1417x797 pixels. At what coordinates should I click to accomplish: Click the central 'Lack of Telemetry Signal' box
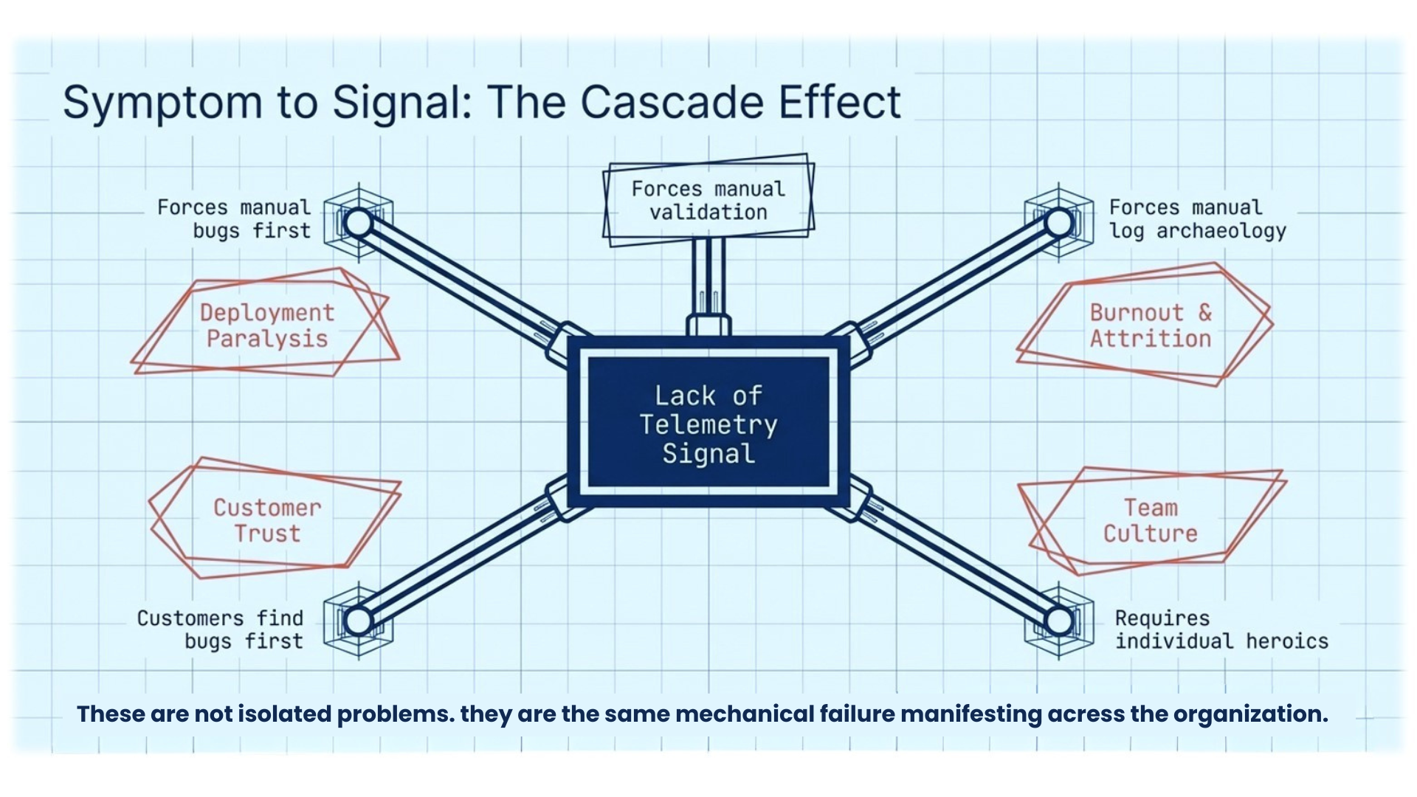pyautogui.click(x=708, y=424)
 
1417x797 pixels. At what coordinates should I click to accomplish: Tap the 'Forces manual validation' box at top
pyautogui.click(x=708, y=200)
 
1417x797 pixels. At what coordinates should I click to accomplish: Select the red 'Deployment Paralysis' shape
pyautogui.click(x=266, y=325)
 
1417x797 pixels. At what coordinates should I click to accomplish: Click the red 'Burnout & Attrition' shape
pyautogui.click(x=1150, y=325)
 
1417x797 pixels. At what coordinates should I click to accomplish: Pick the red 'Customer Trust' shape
pyautogui.click(x=267, y=520)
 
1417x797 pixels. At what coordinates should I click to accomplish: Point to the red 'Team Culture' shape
pyautogui.click(x=1150, y=520)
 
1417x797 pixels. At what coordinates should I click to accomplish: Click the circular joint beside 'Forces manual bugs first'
pyautogui.click(x=359, y=222)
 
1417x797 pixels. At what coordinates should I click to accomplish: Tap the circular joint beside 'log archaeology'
pyautogui.click(x=1059, y=222)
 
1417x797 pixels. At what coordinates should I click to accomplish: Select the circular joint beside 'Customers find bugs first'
pyautogui.click(x=359, y=621)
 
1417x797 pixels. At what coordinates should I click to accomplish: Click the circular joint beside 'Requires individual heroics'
pyautogui.click(x=1059, y=621)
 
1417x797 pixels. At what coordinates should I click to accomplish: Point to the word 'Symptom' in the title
pyautogui.click(x=162, y=103)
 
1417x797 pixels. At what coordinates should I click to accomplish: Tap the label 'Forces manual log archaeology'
pyautogui.click(x=1197, y=219)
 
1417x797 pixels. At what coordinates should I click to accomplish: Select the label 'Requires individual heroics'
pyautogui.click(x=1221, y=629)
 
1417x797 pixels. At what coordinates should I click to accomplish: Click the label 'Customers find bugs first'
pyautogui.click(x=221, y=629)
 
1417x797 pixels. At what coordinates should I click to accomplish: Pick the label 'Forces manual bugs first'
pyautogui.click(x=235, y=219)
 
